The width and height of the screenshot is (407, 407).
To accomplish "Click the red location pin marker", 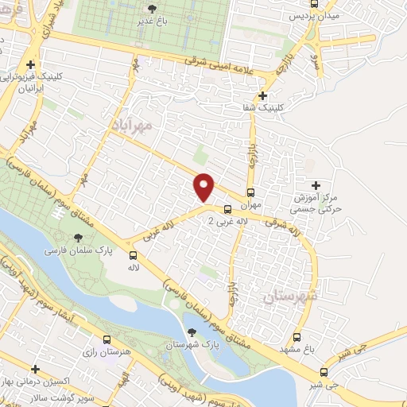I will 204,187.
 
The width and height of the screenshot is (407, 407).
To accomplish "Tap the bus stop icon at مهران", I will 251,192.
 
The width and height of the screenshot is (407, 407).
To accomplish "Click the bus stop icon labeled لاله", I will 134,255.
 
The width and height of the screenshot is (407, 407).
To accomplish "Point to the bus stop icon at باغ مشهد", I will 297,336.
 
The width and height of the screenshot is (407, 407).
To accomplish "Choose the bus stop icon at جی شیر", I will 324,372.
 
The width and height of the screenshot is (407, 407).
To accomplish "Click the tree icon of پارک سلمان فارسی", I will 78,238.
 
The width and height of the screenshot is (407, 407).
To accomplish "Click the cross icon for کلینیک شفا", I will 262,96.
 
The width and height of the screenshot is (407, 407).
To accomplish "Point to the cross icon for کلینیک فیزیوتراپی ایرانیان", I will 30,65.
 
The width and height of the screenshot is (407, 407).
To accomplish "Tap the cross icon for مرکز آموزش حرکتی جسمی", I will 316,185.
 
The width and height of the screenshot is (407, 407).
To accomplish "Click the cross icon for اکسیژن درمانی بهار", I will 36,370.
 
